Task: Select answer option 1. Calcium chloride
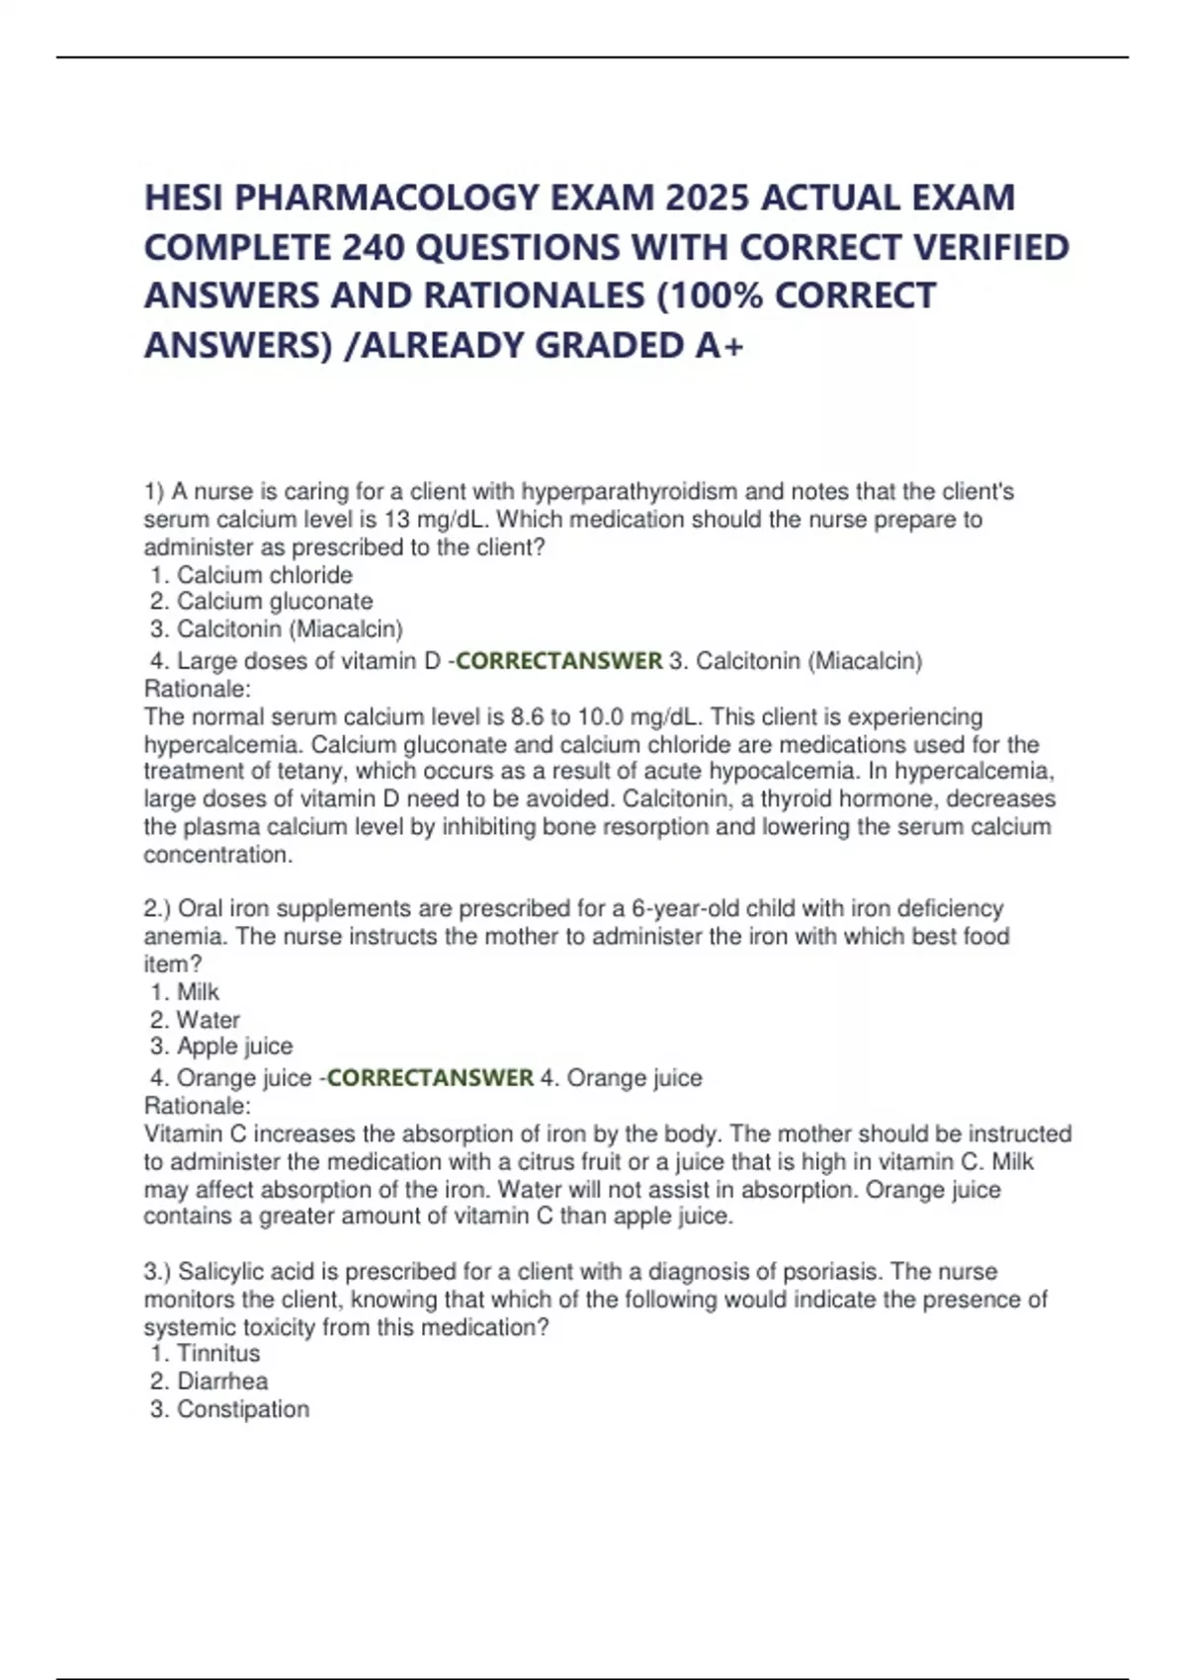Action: pyautogui.click(x=252, y=575)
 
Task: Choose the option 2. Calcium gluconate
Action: pyautogui.click(x=262, y=601)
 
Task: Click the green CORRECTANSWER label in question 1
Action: pyautogui.click(x=558, y=660)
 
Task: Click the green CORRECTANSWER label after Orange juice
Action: pyautogui.click(x=430, y=1077)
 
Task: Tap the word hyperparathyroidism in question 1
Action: pyautogui.click(x=629, y=491)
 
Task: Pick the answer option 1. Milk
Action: pyautogui.click(x=185, y=991)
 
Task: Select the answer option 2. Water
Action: pyautogui.click(x=196, y=1019)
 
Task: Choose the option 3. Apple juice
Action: pyautogui.click(x=221, y=1046)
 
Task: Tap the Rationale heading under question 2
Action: pyautogui.click(x=198, y=1105)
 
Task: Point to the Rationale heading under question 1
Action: pyautogui.click(x=198, y=688)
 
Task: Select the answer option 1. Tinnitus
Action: pyautogui.click(x=206, y=1353)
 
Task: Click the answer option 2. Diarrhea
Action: pyautogui.click(x=210, y=1381)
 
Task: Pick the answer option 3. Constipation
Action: pyautogui.click(x=229, y=1408)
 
